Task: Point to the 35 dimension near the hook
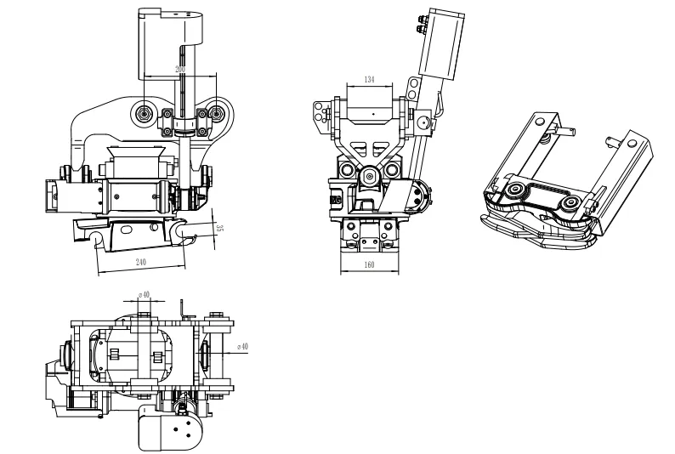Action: pyautogui.click(x=218, y=228)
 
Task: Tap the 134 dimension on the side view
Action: pyautogui.click(x=370, y=80)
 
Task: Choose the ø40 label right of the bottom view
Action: pyautogui.click(x=241, y=347)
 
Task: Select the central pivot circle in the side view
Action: pyautogui.click(x=370, y=175)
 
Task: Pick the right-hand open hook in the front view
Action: pyautogui.click(x=184, y=230)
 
